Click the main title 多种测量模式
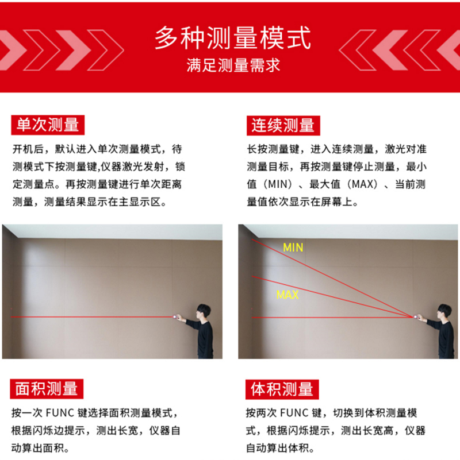pyautogui.click(x=233, y=38)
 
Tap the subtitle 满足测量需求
pyautogui.click(x=233, y=65)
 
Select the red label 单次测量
pyautogui.click(x=48, y=125)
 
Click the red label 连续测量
pyautogui.click(x=283, y=126)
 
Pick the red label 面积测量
pyautogui.click(x=47, y=389)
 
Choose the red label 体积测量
pyautogui.click(x=282, y=389)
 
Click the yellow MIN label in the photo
pyautogui.click(x=293, y=248)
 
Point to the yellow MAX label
pyautogui.click(x=287, y=295)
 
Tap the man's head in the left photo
pyautogui.click(x=204, y=311)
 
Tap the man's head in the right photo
pyautogui.click(x=444, y=311)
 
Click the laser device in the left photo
pyautogui.click(x=175, y=316)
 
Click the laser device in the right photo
pyautogui.click(x=416, y=317)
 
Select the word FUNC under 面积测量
pyautogui.click(x=60, y=413)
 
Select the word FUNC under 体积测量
pyautogui.click(x=294, y=413)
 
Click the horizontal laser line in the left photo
pyautogui.click(x=92, y=317)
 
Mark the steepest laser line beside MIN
pyautogui.click(x=332, y=278)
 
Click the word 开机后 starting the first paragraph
pyautogui.click(x=29, y=149)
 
